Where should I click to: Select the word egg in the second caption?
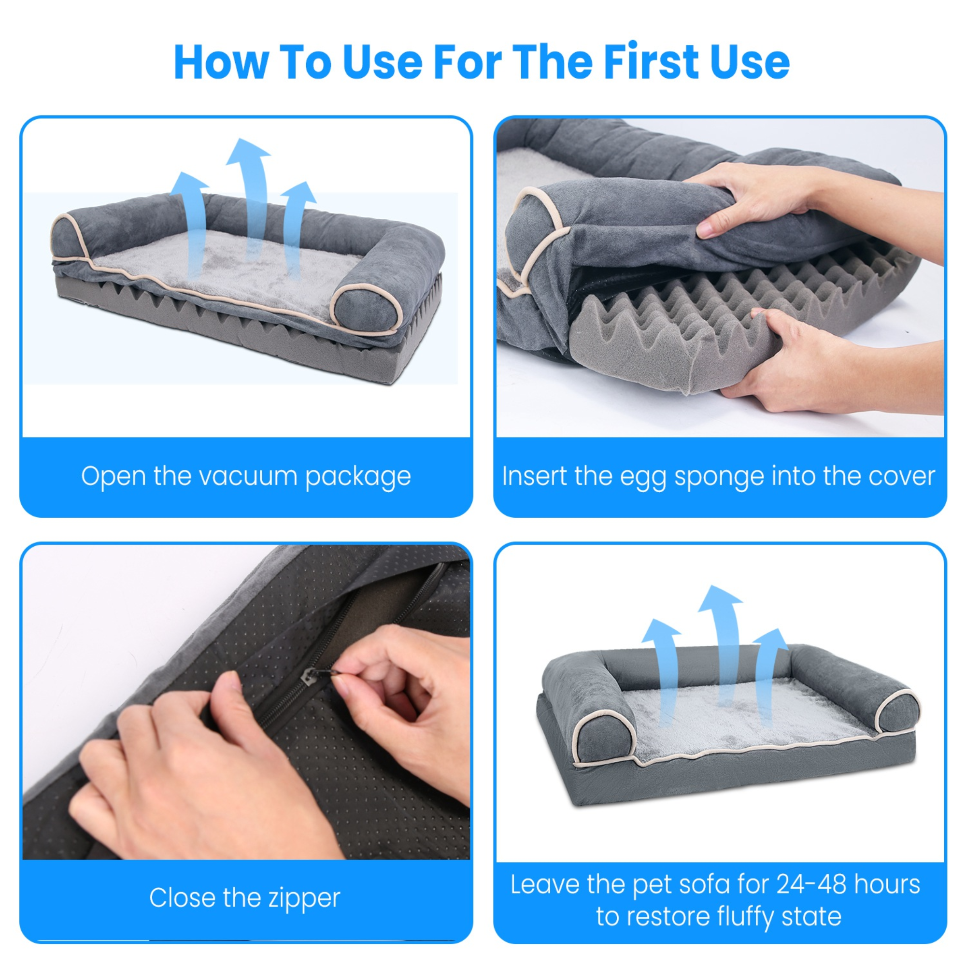pos(642,477)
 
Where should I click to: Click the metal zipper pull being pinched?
pos(309,679)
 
